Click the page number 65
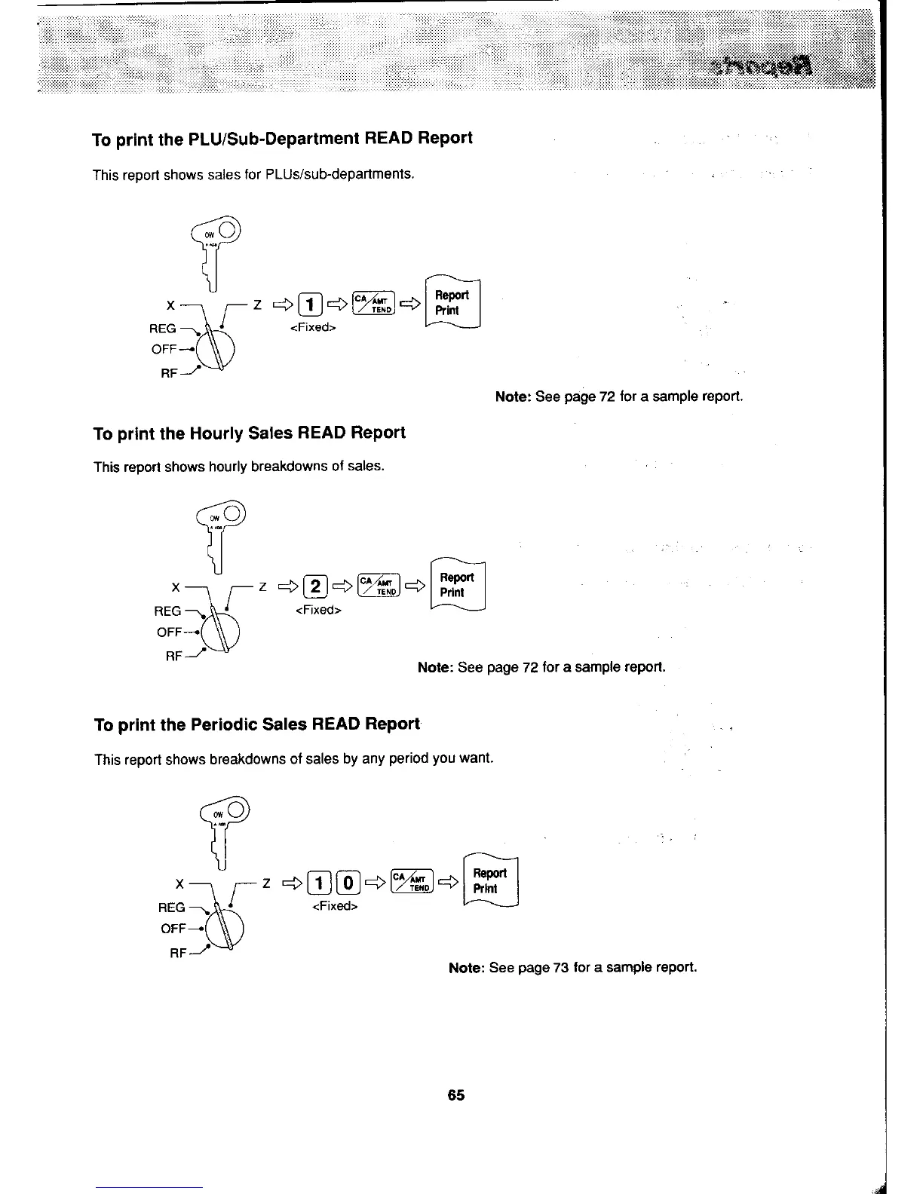(x=455, y=1095)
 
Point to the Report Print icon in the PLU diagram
(x=452, y=303)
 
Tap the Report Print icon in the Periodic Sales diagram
(x=489, y=881)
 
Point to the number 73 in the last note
(x=560, y=967)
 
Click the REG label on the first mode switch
(x=163, y=329)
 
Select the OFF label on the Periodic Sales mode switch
(x=173, y=929)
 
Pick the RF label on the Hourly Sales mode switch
(x=173, y=657)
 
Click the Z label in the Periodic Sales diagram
(x=265, y=882)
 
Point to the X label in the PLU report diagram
(x=171, y=306)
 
